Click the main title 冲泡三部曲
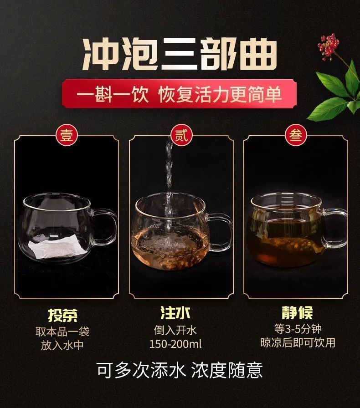180,55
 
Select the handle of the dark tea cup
336,228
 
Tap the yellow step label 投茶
63,315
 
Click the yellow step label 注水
175,313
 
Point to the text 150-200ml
175,344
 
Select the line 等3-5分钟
298,329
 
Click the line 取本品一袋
62,331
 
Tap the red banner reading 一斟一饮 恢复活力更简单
179,94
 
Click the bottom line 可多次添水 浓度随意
180,370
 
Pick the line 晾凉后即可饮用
298,343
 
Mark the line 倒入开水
175,330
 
